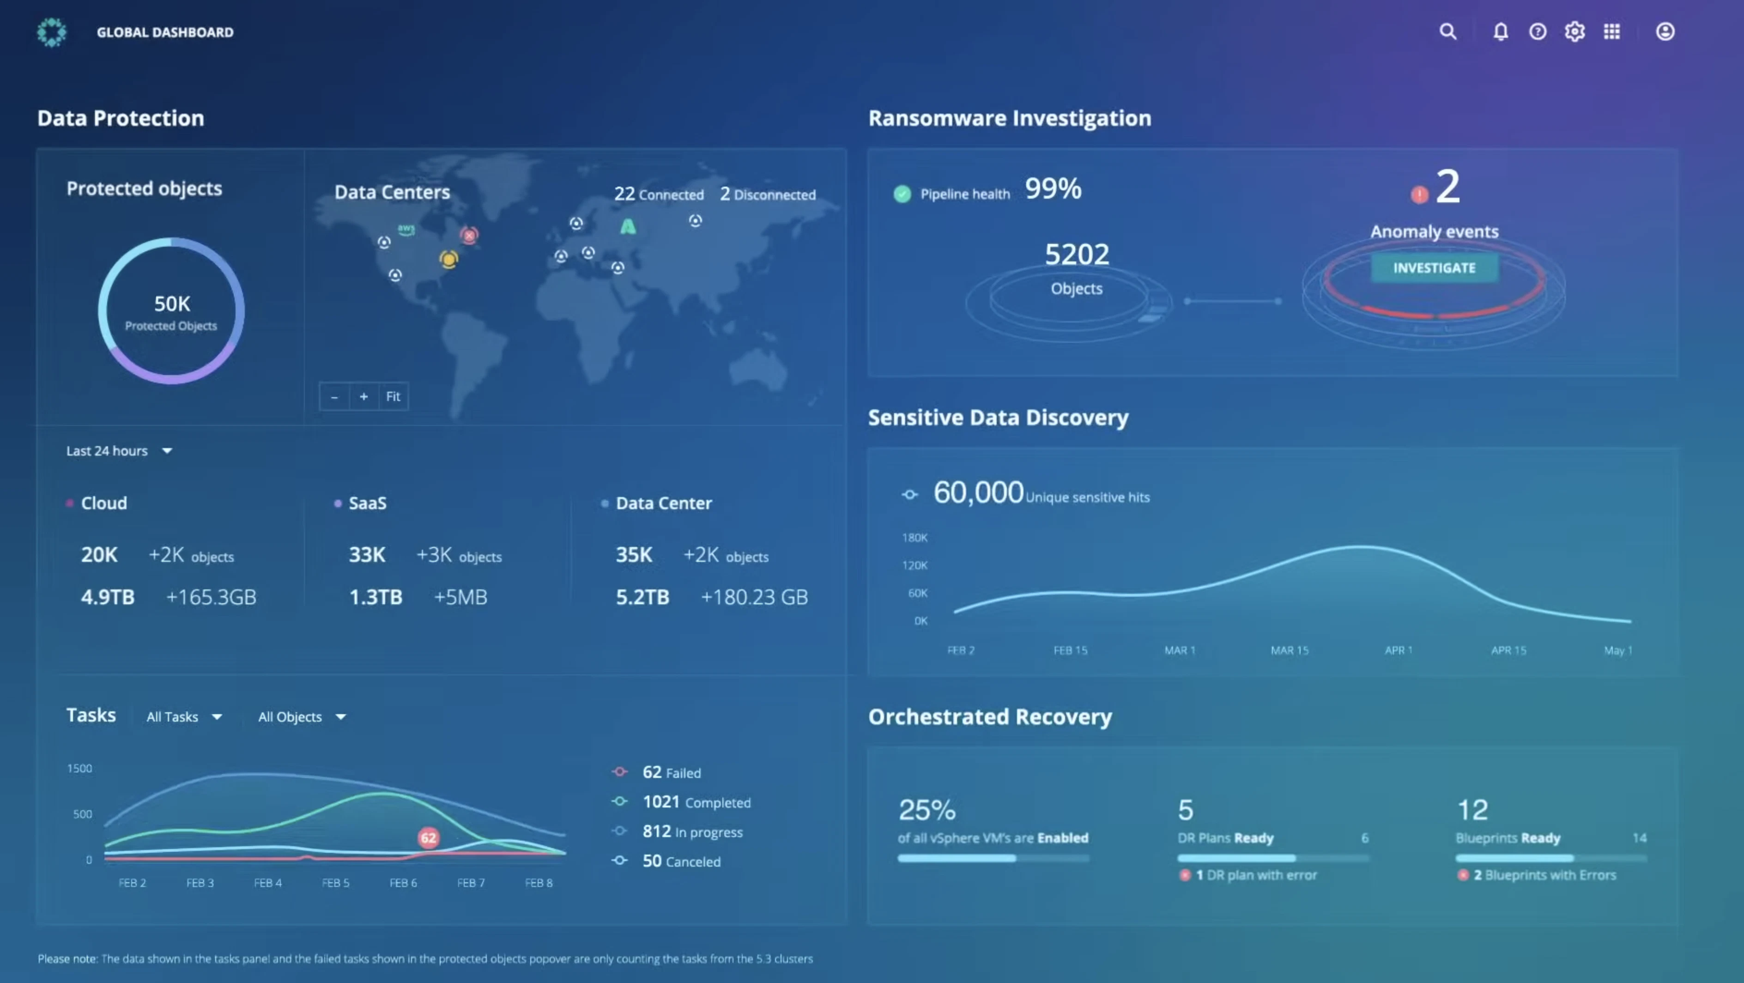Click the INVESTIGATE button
[x=1434, y=268]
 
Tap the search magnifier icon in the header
[x=1447, y=32]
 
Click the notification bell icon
[x=1500, y=32]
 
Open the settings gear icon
[x=1574, y=32]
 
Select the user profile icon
[x=1665, y=32]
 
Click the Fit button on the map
[x=393, y=397]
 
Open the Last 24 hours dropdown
[x=119, y=451]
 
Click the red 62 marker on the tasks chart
[x=428, y=838]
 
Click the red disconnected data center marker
[x=468, y=235]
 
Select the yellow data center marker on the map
[x=448, y=259]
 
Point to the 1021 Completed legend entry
[x=696, y=802]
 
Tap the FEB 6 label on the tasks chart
[x=403, y=883]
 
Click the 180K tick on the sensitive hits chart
[x=914, y=538]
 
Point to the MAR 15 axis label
[x=1289, y=650]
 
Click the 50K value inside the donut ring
[x=172, y=304]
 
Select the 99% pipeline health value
[x=1053, y=189]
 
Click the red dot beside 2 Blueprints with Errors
[x=1463, y=875]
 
